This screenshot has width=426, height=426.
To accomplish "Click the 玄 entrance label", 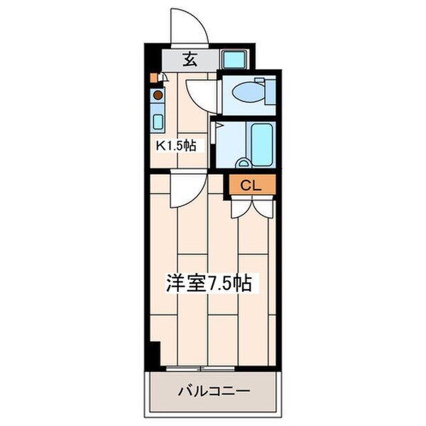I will tap(190, 60).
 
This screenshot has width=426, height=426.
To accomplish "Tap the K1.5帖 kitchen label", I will tap(176, 146).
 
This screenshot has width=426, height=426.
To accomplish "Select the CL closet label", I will tap(251, 186).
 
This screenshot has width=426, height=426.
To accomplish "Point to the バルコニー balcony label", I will tap(213, 391).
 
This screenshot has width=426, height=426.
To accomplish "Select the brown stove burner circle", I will tap(158, 94).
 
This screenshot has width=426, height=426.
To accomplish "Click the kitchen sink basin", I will tap(158, 120).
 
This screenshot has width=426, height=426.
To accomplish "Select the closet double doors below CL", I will tap(252, 205).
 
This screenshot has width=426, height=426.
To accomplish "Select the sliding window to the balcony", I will tap(202, 368).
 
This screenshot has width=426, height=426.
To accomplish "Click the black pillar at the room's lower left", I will tap(154, 352).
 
